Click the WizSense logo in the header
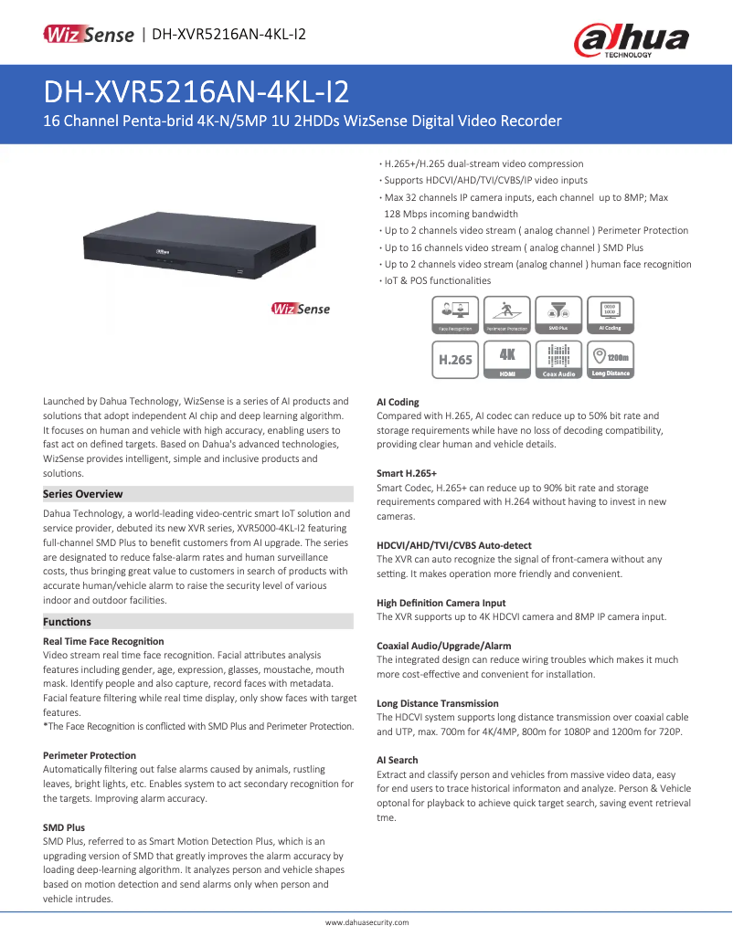[x=90, y=36]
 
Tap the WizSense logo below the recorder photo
[x=300, y=309]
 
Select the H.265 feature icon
[x=455, y=359]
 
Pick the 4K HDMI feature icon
[x=507, y=359]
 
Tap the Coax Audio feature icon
[x=558, y=359]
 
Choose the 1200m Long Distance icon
[x=611, y=359]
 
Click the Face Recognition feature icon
[x=455, y=314]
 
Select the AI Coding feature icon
[x=611, y=314]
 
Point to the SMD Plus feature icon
[x=558, y=314]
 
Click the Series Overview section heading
[x=83, y=494]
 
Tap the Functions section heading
[x=68, y=622]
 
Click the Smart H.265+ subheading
[x=407, y=473]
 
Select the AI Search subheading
[x=398, y=760]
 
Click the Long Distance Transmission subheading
[x=438, y=703]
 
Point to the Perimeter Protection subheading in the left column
[x=90, y=755]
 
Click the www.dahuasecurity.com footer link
[x=366, y=923]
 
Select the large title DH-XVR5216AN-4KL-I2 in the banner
[x=196, y=92]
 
